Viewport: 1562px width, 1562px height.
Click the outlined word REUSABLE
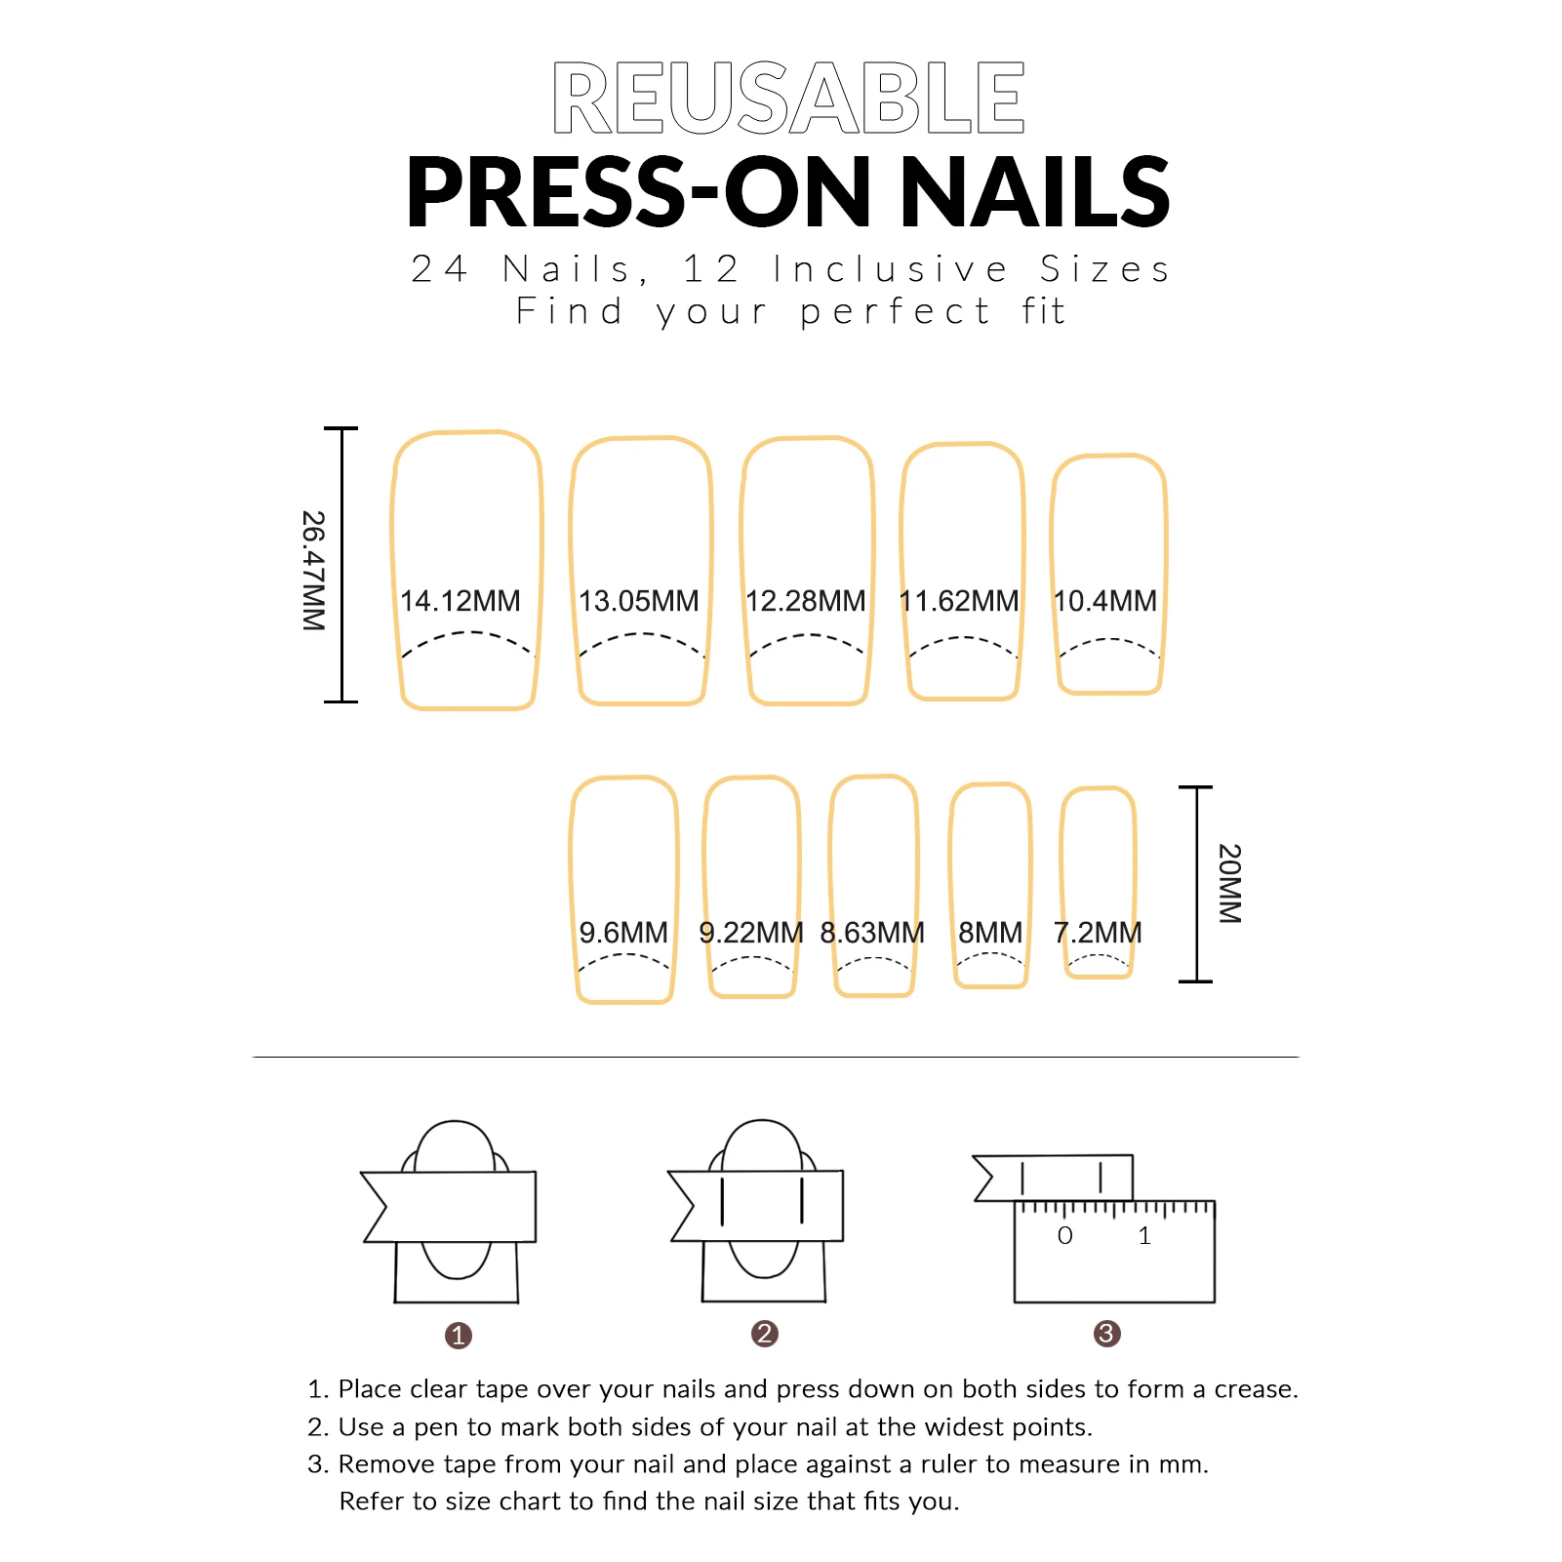point(788,98)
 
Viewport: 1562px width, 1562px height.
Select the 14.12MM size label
point(461,601)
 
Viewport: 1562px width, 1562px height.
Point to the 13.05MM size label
point(639,601)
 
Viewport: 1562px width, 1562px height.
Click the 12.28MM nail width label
point(806,601)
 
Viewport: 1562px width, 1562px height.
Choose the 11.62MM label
point(959,601)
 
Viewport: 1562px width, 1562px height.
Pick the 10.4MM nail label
point(1105,601)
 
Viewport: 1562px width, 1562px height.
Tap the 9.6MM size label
point(623,933)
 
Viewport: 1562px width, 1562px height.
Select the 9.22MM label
point(751,933)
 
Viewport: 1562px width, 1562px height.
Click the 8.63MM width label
point(872,933)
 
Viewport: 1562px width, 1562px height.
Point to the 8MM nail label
point(990,933)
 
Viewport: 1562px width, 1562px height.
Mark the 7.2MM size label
point(1098,933)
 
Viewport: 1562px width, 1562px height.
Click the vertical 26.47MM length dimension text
point(313,571)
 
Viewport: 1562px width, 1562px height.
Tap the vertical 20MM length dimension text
point(1229,884)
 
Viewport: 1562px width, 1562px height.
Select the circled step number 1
point(459,1336)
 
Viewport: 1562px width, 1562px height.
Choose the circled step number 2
point(765,1334)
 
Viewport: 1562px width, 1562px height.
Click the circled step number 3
point(1106,1334)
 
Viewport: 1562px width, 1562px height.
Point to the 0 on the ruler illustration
point(1065,1236)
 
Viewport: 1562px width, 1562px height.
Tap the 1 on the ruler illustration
point(1144,1236)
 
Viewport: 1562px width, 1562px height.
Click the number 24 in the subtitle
point(440,269)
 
